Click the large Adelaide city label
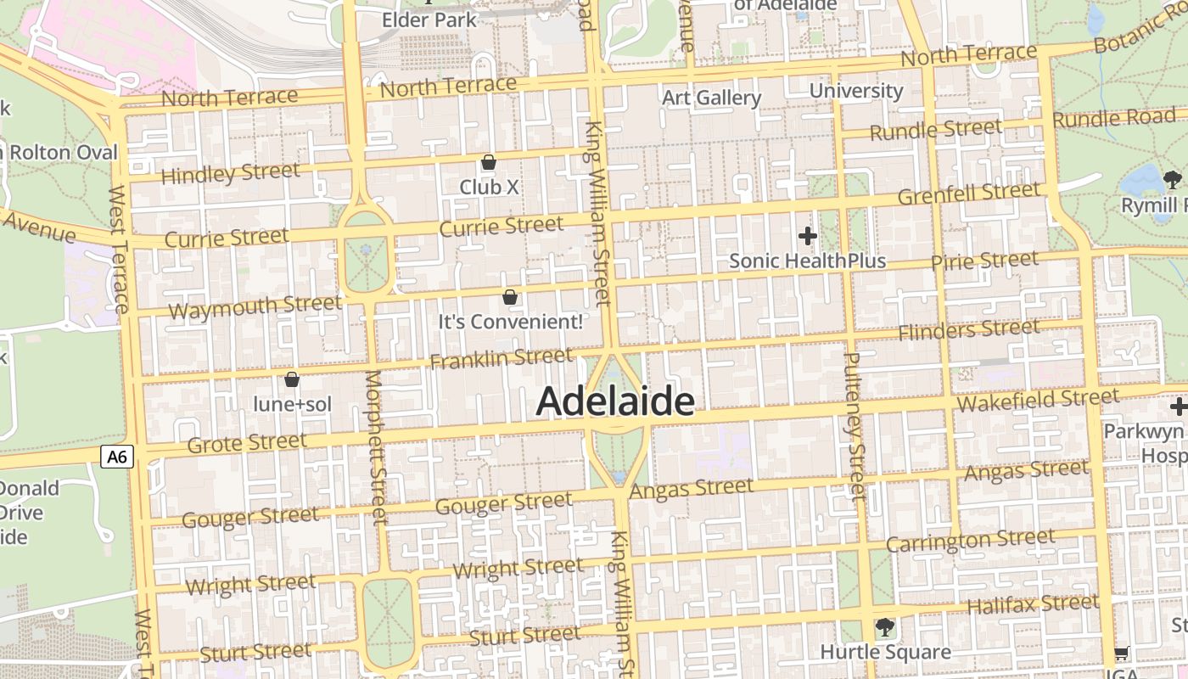pyautogui.click(x=615, y=401)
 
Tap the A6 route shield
pyautogui.click(x=117, y=457)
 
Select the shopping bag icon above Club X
pyautogui.click(x=489, y=162)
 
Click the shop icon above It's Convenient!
pyautogui.click(x=510, y=297)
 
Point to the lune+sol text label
pyautogui.click(x=292, y=405)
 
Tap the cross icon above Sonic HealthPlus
pyautogui.click(x=807, y=235)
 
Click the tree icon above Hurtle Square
pyautogui.click(x=884, y=627)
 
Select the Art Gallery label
pyautogui.click(x=711, y=98)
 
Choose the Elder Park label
pyautogui.click(x=429, y=19)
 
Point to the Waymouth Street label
pyautogui.click(x=255, y=306)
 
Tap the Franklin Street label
pyautogui.click(x=501, y=359)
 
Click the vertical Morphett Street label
pyautogui.click(x=376, y=446)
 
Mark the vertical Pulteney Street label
pyautogui.click(x=854, y=424)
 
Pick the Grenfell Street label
pyautogui.click(x=967, y=194)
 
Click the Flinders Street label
pyautogui.click(x=968, y=329)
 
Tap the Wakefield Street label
pyautogui.click(x=1037, y=399)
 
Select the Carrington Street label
pyautogui.click(x=970, y=540)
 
